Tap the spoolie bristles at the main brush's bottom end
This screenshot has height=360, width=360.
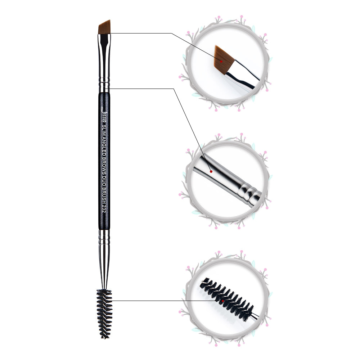pyautogui.click(x=104, y=314)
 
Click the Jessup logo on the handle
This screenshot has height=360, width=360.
pyautogui.click(x=104, y=114)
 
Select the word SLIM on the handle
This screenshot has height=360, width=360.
pyautogui.click(x=104, y=131)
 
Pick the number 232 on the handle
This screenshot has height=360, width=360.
pyautogui.click(x=104, y=208)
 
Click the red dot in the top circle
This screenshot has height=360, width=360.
pyautogui.click(x=221, y=61)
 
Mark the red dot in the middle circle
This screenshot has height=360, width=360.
pyautogui.click(x=211, y=171)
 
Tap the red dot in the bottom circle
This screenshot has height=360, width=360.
pyautogui.click(x=222, y=301)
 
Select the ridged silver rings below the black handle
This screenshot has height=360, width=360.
pyautogui.click(x=104, y=237)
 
